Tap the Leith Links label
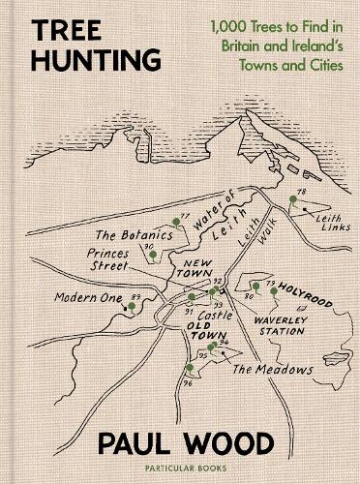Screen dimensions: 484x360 314,220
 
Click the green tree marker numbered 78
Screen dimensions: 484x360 290,200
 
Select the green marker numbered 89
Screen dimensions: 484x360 131,306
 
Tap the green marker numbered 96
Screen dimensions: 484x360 188,368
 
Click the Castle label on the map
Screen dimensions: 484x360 213,317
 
